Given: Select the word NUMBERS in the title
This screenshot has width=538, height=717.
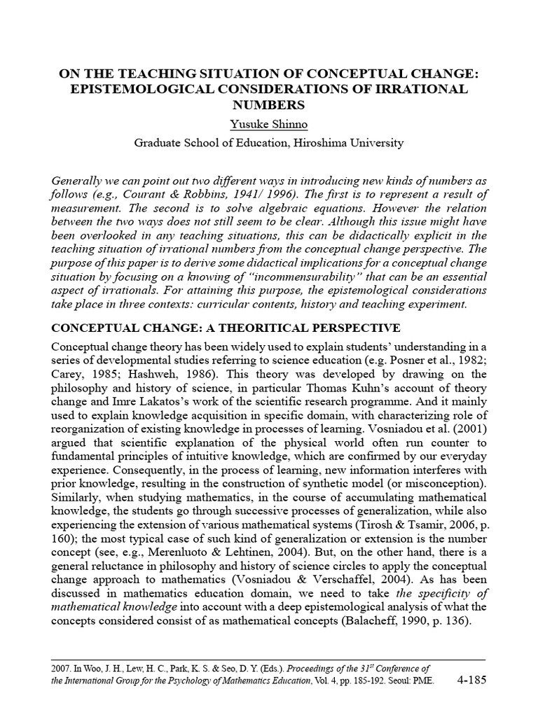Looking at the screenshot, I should coord(269,106).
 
